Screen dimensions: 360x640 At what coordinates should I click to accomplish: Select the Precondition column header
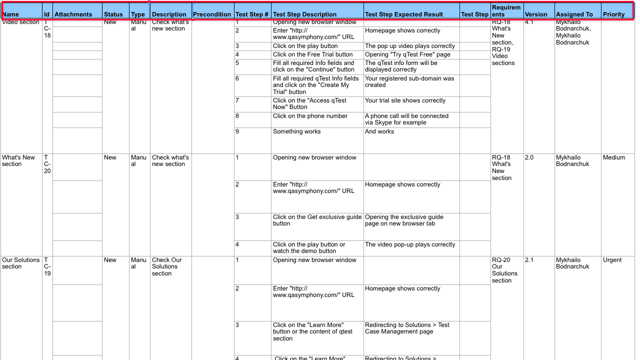pos(212,14)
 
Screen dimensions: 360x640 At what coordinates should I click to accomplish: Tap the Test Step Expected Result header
pos(404,14)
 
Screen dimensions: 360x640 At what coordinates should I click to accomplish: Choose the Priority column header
pos(613,14)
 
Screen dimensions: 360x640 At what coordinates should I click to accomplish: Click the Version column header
pos(536,14)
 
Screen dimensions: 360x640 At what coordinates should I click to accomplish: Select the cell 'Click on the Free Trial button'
pos(313,54)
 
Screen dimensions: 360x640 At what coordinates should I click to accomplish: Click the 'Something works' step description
pos(297,131)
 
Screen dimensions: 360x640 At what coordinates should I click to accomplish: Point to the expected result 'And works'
pos(379,131)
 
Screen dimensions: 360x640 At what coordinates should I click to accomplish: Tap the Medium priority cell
pos(614,157)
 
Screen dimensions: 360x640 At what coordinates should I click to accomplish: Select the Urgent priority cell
pos(612,260)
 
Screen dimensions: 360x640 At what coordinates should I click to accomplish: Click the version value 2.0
pos(529,157)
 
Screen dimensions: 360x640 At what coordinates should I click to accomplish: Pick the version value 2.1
pos(529,260)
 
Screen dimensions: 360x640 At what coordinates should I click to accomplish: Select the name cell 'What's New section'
pos(18,160)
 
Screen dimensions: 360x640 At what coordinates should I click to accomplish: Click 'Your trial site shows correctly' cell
pos(405,100)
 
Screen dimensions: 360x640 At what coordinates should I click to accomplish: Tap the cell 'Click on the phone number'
pos(310,116)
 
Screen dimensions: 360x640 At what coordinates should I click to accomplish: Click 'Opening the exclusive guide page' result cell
pos(404,220)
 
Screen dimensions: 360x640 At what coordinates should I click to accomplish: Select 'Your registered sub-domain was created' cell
pos(409,81)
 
